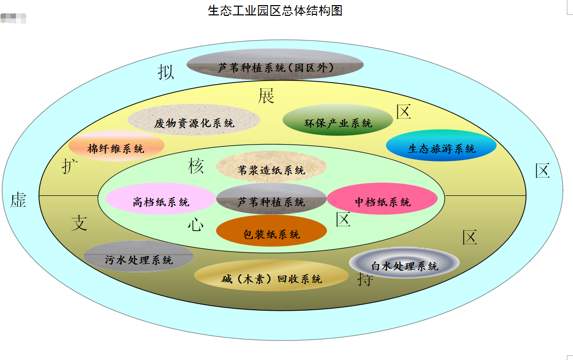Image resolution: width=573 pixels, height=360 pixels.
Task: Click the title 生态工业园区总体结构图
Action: point(275,10)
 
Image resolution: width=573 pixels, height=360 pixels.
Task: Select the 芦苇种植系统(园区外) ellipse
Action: point(275,66)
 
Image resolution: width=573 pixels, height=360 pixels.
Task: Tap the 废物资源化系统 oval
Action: point(194,122)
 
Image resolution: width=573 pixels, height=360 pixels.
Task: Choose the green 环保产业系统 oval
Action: point(338,121)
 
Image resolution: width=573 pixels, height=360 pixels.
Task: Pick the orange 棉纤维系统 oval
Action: point(116,147)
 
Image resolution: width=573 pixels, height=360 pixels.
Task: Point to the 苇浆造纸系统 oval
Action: point(271,168)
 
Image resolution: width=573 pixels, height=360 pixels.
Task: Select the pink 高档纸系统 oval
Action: point(160,201)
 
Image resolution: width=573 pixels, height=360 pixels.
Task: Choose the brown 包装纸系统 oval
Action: point(271,232)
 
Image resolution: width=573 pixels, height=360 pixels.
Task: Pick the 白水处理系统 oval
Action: point(404,265)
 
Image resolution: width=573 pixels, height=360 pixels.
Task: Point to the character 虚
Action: point(18,200)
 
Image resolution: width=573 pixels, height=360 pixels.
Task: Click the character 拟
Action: point(166,72)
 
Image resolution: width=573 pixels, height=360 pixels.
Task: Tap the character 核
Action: point(196,166)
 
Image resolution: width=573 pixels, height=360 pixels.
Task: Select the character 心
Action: point(195,224)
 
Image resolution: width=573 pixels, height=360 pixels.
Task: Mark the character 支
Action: point(79,223)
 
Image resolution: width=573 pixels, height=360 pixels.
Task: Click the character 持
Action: point(364,279)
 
